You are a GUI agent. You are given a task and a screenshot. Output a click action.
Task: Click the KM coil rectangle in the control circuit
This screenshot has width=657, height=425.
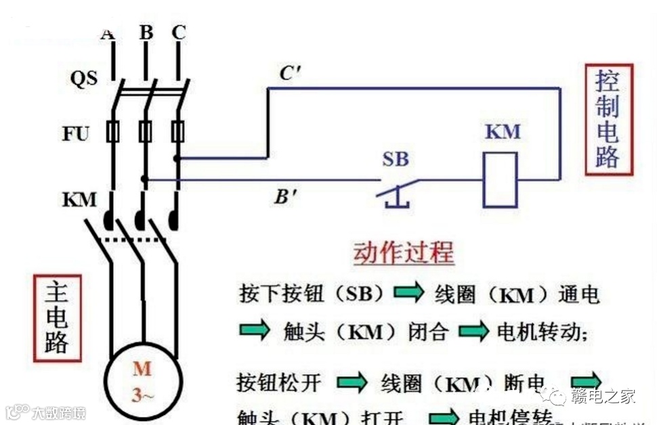(x=500, y=179)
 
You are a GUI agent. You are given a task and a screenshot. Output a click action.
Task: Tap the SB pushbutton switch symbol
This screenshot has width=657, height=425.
(x=396, y=189)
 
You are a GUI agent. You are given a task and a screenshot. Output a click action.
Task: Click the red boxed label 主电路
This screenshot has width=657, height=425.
(x=57, y=317)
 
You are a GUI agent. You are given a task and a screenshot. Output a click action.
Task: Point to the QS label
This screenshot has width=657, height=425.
(x=84, y=78)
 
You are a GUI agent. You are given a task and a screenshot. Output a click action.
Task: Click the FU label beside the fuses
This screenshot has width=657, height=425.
(x=76, y=133)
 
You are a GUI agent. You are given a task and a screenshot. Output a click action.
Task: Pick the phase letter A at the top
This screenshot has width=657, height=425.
(x=107, y=32)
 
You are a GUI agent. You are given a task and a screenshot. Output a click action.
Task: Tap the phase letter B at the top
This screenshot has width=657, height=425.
(x=146, y=32)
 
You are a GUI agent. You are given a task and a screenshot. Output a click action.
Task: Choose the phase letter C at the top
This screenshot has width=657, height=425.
(x=179, y=32)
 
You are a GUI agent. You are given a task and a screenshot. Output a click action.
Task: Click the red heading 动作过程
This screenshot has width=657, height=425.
(x=403, y=253)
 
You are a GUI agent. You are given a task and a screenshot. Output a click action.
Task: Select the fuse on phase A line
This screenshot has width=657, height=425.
(x=112, y=131)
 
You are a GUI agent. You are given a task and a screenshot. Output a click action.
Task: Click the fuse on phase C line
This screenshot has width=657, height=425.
(x=177, y=131)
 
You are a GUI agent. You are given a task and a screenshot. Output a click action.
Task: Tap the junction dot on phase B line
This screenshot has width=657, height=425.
(x=144, y=180)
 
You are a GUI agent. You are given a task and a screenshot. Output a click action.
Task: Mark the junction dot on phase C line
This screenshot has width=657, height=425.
(x=177, y=158)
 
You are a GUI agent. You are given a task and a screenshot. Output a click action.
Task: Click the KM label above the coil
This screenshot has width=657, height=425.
(x=503, y=131)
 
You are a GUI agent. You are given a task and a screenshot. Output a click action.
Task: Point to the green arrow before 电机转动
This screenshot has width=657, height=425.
(x=473, y=331)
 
